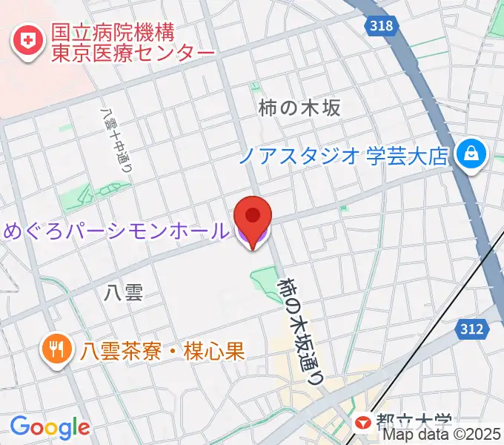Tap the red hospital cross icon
28,42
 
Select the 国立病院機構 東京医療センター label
132,43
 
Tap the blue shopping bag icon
471,154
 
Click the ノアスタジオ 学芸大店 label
345,156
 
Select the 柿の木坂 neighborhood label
300,108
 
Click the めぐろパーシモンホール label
116,231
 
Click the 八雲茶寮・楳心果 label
163,349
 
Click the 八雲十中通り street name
115,141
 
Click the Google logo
50,427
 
